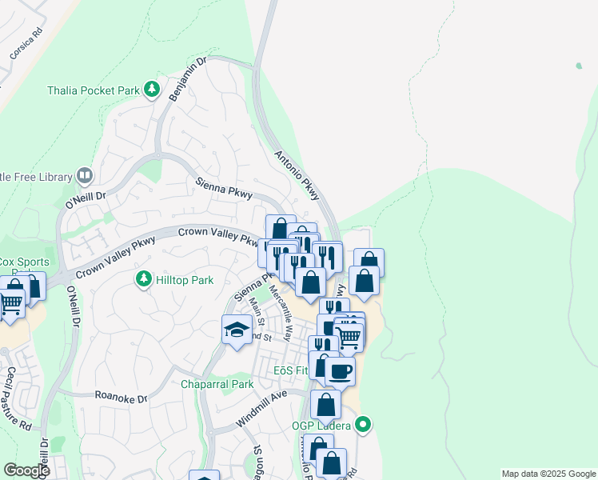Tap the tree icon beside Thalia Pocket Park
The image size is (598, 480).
coord(151,90)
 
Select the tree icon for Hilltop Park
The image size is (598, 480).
coord(143,279)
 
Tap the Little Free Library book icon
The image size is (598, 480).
coord(84,176)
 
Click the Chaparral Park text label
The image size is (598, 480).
coord(217,384)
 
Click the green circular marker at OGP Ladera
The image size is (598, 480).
coord(364,424)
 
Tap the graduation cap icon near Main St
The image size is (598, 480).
coord(237,330)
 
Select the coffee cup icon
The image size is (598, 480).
coord(340,370)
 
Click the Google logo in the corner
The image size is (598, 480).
coord(26,470)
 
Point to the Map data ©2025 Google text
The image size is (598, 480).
coord(548,474)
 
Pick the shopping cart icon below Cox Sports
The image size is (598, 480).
coord(10,303)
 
